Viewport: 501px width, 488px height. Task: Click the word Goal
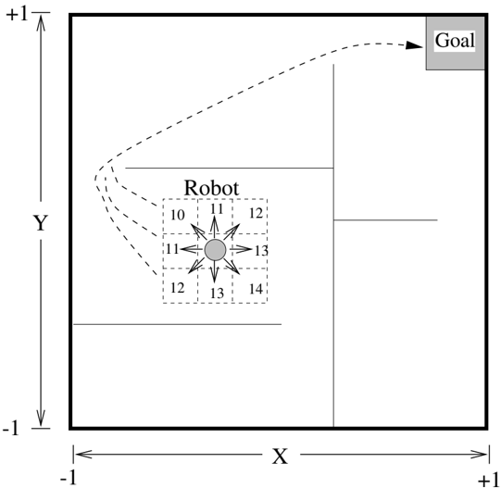455,41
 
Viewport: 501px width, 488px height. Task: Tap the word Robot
211,188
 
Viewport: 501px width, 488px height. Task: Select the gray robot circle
215,250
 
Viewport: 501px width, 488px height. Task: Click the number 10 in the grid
177,215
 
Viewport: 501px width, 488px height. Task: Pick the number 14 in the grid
256,289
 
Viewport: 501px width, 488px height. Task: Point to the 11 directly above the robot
217,209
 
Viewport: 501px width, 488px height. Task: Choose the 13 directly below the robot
217,293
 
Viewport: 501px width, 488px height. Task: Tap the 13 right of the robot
261,251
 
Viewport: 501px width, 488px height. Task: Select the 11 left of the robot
172,249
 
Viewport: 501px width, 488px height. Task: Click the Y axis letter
41,223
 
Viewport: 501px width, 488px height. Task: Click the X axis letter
280,456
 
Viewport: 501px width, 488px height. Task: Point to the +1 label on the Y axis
18,15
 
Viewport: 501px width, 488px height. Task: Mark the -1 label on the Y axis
11,428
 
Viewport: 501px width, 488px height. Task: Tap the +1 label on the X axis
489,481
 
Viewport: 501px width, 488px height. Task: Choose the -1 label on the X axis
69,479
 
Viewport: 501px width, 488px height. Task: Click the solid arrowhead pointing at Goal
414,45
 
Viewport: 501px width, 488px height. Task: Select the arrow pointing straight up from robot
215,228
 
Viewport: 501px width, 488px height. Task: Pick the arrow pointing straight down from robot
215,271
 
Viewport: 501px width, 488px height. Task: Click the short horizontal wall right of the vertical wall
385,219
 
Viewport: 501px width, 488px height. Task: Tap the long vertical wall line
333,245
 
